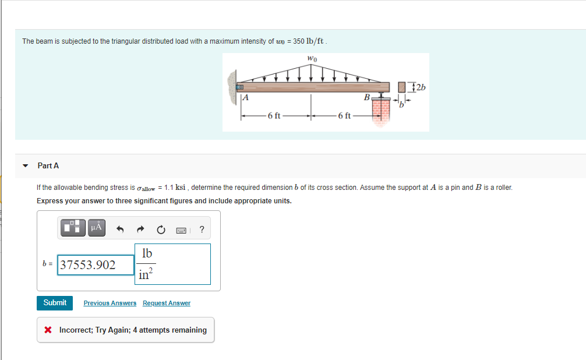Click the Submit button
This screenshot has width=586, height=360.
point(55,303)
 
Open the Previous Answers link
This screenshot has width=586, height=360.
point(110,303)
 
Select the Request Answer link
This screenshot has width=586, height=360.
point(166,303)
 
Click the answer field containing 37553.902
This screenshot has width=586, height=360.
point(96,265)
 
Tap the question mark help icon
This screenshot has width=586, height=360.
point(202,229)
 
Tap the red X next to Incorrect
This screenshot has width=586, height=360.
point(48,330)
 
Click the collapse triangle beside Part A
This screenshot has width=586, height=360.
point(25,166)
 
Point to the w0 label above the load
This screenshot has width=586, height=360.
point(312,58)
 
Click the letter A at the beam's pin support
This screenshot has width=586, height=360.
point(246,98)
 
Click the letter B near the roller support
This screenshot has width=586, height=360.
point(366,97)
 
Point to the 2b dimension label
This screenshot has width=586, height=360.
point(420,87)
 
